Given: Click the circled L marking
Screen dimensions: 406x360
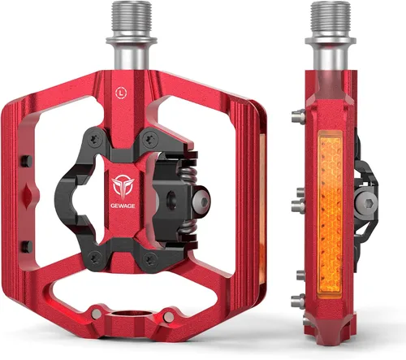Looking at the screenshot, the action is pos(121,93).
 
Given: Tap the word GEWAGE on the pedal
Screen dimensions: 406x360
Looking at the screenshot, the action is pos(123,206).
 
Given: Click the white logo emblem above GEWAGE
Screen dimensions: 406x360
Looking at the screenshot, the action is pos(123,187).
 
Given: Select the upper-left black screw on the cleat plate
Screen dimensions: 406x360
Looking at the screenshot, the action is pos(95,140).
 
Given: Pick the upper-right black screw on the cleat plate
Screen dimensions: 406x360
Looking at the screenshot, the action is pos(150,139).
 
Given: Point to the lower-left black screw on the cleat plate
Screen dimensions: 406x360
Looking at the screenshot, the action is pos(95,258).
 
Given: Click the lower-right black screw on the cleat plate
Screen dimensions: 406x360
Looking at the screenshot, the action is pos(150,259).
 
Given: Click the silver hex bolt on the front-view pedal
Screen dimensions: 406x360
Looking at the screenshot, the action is pos(201,201).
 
